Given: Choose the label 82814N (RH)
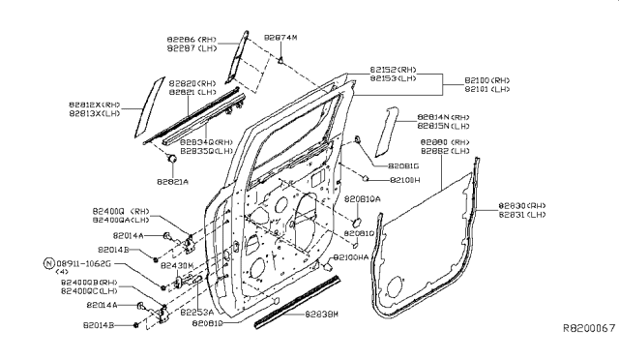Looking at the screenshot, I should (x=444, y=117).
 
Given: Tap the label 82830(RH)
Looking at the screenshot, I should (x=522, y=206).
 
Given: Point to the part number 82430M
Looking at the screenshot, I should (x=177, y=264).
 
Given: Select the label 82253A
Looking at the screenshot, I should (x=197, y=312).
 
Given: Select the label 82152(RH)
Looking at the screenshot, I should (x=393, y=70).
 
